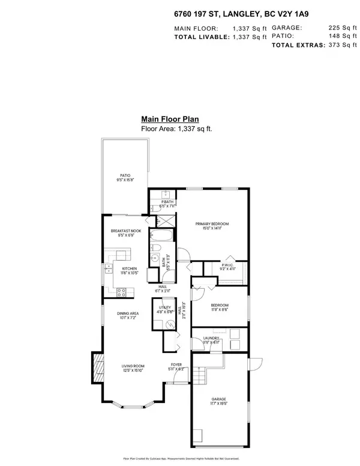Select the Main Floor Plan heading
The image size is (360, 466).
coord(170,119)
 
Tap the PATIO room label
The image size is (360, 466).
coord(125,175)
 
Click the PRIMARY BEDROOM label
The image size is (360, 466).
coord(212,224)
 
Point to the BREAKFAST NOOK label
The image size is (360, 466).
coord(125,231)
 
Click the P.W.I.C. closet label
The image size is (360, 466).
coord(227,264)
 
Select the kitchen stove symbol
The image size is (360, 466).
coord(121,292)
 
